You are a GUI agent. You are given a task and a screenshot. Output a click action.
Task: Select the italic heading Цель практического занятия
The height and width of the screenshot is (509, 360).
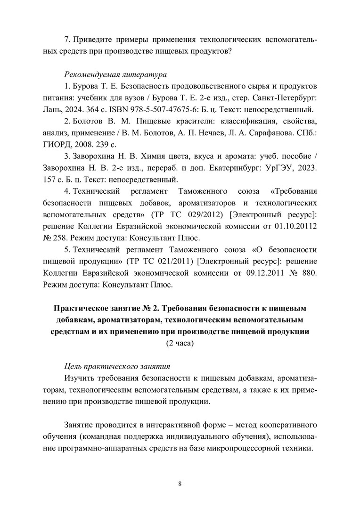point(117,366)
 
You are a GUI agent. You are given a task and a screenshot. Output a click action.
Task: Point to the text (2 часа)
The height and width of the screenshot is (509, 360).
point(180,343)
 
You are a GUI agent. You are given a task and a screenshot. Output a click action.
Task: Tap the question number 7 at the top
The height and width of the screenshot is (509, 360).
point(66,40)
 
